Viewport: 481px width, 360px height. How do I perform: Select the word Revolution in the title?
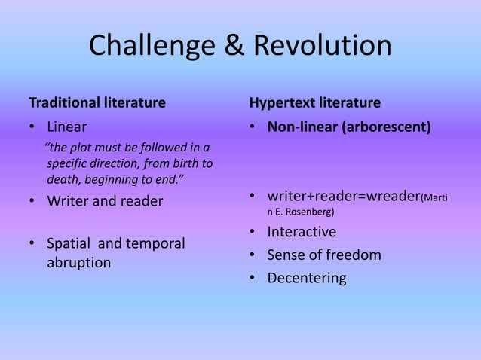(323, 46)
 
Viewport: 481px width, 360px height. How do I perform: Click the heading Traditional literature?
(97, 102)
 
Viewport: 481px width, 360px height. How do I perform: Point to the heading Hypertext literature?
(315, 102)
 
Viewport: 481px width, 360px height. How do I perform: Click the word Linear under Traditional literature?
(67, 126)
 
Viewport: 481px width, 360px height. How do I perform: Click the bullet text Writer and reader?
(105, 202)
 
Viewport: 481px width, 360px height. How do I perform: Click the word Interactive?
(302, 232)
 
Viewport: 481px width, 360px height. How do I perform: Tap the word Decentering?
(307, 279)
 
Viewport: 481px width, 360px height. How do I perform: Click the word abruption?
(78, 263)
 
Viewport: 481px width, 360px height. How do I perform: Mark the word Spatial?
(69, 244)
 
